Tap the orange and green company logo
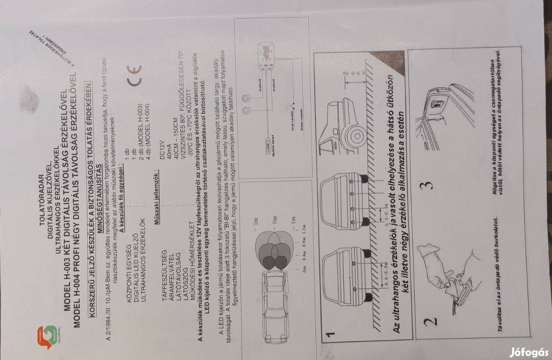pos(49,337)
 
